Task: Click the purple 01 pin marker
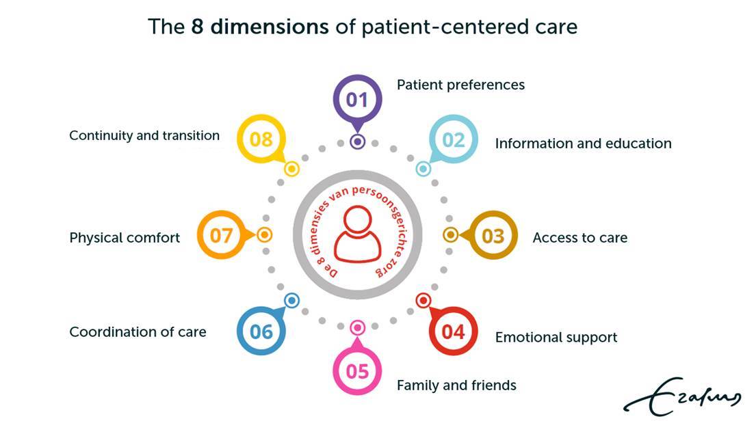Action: [357, 100]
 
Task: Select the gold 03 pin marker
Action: [493, 236]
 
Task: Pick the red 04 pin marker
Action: [453, 332]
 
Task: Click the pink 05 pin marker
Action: [357, 372]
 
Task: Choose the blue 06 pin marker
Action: [261, 332]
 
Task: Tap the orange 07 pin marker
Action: [221, 236]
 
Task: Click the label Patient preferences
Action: [460, 85]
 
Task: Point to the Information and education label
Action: [583, 144]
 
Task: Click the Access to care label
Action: [579, 238]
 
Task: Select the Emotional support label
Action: [556, 338]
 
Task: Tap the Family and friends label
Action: [456, 385]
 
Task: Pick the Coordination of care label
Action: [138, 332]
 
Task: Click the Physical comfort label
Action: [125, 238]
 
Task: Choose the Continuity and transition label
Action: [144, 135]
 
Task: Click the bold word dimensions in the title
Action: [270, 27]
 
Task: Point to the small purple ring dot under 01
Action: [357, 142]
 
